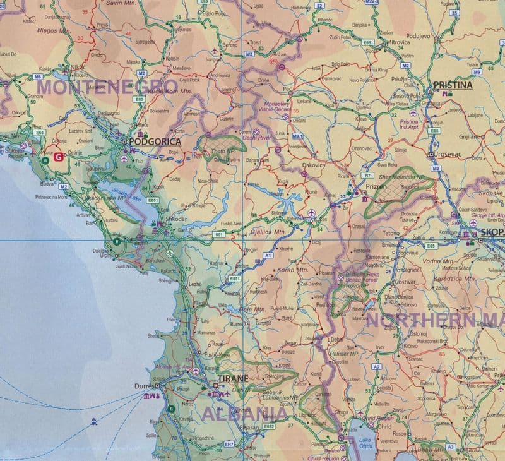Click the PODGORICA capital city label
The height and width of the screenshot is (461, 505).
point(154,142)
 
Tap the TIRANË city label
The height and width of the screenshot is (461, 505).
point(233,379)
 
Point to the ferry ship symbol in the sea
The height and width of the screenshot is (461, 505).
point(93,420)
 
